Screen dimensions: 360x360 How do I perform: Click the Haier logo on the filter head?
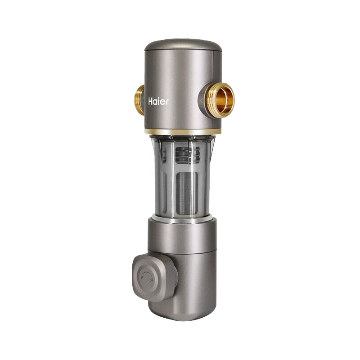coord(158,101)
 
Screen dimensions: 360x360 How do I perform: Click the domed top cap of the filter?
coord(183,45)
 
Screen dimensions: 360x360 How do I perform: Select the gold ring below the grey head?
coord(183,132)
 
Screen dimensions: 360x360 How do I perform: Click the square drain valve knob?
coord(151,279)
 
